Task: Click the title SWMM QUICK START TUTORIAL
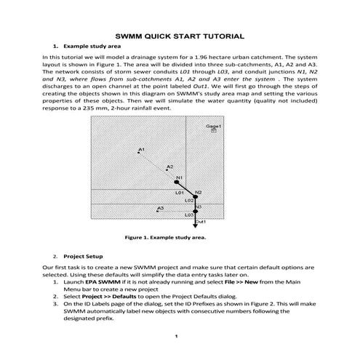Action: point(180,36)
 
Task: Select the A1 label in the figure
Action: point(142,149)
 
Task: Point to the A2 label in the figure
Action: point(170,167)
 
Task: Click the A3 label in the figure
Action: point(161,208)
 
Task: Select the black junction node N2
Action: point(195,196)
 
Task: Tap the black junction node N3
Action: point(195,211)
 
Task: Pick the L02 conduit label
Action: point(188,200)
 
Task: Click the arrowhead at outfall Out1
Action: point(195,225)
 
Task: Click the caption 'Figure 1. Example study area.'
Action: point(165,236)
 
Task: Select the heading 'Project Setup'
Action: point(83,257)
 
